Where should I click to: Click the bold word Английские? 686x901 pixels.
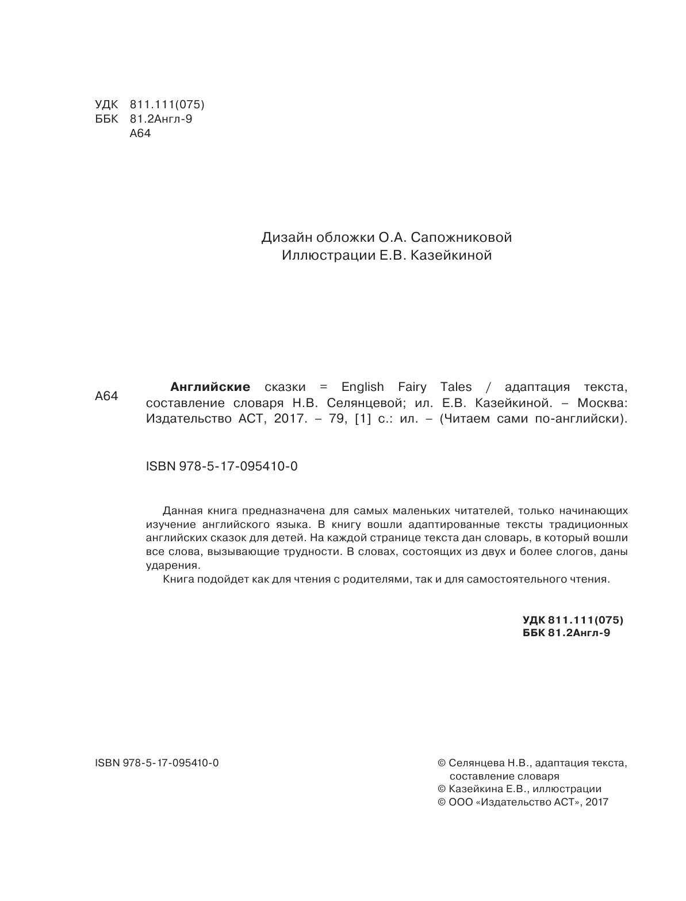click(210, 387)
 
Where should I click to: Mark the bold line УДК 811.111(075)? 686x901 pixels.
click(573, 620)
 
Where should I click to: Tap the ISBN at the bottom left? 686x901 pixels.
click(157, 763)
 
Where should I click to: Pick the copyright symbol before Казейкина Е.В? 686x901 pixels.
click(442, 789)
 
